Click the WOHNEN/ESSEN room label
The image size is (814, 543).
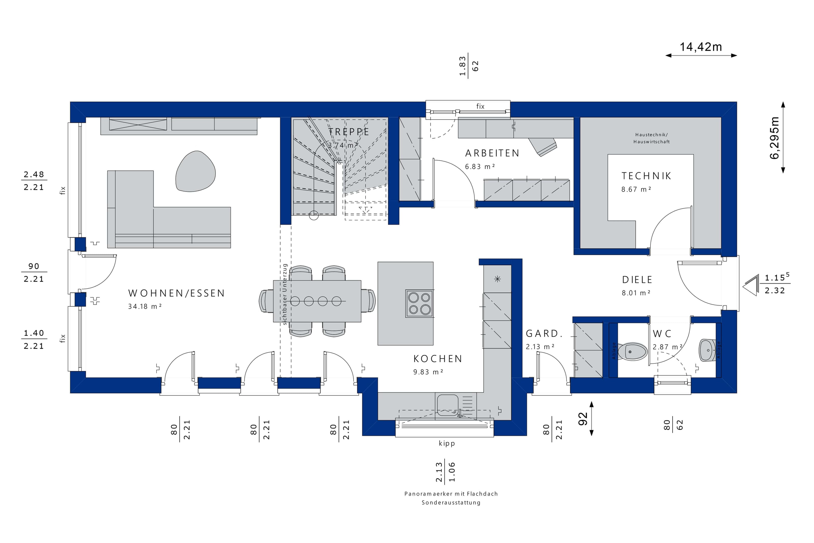click(x=177, y=293)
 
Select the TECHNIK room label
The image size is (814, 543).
click(x=646, y=176)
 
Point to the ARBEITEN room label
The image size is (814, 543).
click(x=492, y=153)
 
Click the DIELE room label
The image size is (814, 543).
click(x=637, y=280)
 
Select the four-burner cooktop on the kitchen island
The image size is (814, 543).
click(x=419, y=303)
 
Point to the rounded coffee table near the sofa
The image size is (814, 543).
click(x=195, y=171)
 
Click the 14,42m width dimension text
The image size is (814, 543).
click(x=701, y=47)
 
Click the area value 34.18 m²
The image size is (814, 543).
click(x=145, y=307)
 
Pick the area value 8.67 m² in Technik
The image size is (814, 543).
click(x=636, y=189)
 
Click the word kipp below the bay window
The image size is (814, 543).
click(x=447, y=444)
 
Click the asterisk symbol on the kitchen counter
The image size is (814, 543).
click(x=498, y=279)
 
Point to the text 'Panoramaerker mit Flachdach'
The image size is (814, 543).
click(x=451, y=494)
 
